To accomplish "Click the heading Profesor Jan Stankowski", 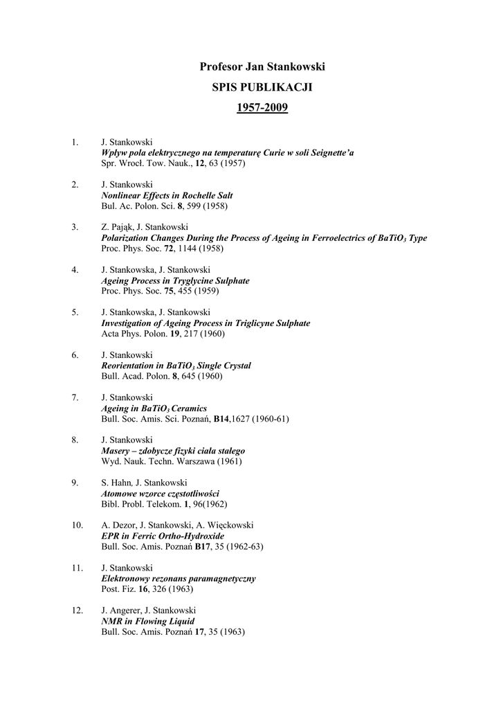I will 262,66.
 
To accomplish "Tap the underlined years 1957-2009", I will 262,108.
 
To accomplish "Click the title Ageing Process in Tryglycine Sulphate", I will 176,280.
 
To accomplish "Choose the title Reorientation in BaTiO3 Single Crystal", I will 176,366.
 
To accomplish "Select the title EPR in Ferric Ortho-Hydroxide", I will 163,536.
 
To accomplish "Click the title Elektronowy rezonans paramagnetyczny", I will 179,578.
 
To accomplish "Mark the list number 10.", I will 78,525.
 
